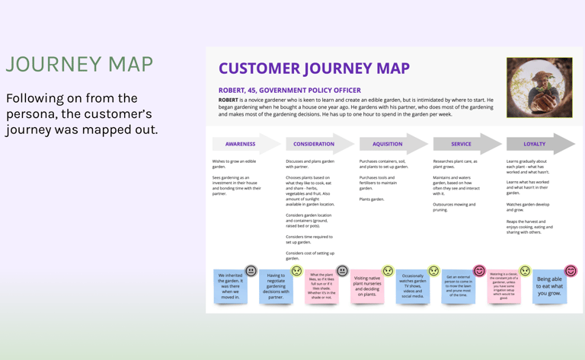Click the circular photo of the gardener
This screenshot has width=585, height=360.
coord(539,88)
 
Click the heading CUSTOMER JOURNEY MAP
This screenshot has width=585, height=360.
coord(314,68)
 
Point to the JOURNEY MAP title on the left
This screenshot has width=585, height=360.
coord(80,65)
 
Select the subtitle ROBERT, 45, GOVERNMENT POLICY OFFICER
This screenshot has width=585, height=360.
coord(290,90)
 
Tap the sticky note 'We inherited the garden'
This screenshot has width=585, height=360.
coord(230,287)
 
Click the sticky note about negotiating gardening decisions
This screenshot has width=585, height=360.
coord(276,287)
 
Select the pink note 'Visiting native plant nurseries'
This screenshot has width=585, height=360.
coord(367,287)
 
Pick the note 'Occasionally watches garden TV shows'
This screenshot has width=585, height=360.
coord(412,286)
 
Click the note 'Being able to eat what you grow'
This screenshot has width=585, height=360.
coord(549,286)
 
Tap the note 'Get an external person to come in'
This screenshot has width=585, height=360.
coord(458,286)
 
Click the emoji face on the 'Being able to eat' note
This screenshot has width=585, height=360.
coord(571,271)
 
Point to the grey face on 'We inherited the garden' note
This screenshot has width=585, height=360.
coord(251,271)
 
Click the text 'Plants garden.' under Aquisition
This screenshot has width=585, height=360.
coord(372,199)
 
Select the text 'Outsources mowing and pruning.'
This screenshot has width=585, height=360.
coord(454,207)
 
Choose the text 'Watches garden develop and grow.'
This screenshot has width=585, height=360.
coord(528,207)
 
